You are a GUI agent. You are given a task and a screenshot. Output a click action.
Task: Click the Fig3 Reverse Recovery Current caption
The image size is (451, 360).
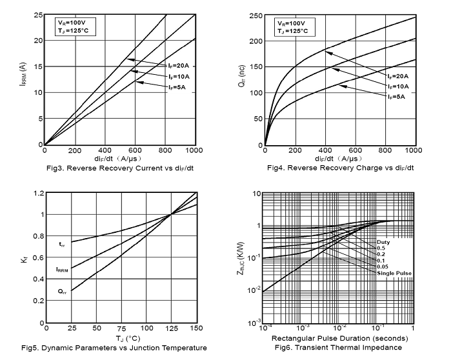pyautogui.click(x=119, y=168)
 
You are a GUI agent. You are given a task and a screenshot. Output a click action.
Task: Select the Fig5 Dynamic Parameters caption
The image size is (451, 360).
pyautogui.click(x=114, y=348)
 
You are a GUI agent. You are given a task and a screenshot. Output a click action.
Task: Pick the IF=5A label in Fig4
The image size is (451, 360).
pyautogui.click(x=396, y=96)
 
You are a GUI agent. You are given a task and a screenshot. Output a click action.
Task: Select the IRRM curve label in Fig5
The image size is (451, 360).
pyautogui.click(x=63, y=268)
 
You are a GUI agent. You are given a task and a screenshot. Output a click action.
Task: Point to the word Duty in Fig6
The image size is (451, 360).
pyautogui.click(x=384, y=242)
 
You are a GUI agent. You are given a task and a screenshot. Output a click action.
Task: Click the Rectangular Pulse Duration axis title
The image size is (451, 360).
pyautogui.click(x=338, y=338)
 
